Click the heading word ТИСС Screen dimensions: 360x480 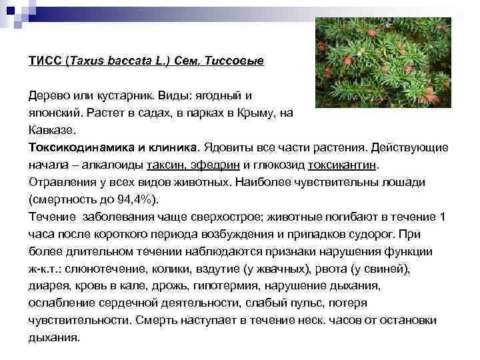click(44, 61)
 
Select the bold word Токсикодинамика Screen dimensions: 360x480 click(83, 147)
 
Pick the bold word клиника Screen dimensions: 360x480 click(172, 147)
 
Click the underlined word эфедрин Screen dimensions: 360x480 click(216, 165)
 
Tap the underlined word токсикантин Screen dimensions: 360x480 click(344, 165)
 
